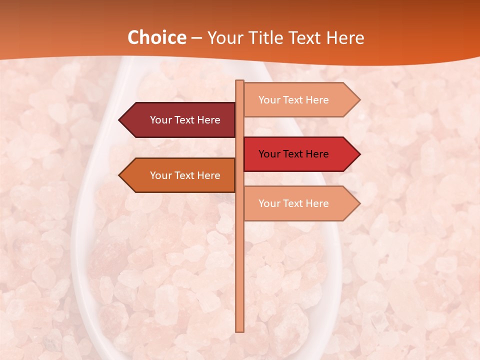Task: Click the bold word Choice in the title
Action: coord(156,37)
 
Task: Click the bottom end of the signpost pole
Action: coord(240,330)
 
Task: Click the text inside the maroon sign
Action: coord(185,120)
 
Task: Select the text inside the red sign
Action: coord(293,154)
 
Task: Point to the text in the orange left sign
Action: coord(185,175)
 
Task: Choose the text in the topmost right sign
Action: coord(293,100)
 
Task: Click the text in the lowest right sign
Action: coord(293,203)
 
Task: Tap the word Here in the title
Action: coord(345,37)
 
